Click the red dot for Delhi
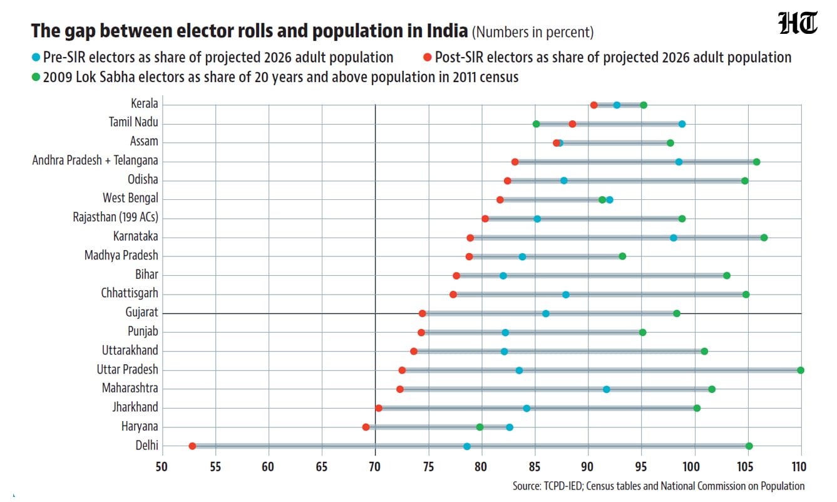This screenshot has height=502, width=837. [x=192, y=446]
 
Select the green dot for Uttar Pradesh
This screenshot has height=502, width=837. [x=801, y=370]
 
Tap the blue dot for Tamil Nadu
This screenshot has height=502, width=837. [x=682, y=124]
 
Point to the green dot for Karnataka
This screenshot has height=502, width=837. [x=764, y=238]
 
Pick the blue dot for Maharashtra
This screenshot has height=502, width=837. [x=607, y=389]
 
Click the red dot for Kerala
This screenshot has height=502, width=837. [x=593, y=105]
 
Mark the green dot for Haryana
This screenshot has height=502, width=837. [x=480, y=427]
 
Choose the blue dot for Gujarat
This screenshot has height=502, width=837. [x=546, y=313]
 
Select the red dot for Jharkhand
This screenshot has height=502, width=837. [x=379, y=408]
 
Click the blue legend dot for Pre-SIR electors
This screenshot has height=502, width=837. [x=36, y=58]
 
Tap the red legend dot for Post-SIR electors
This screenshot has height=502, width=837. [x=428, y=58]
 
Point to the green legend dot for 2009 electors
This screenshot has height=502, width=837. [x=36, y=78]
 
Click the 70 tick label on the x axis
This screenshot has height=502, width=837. [x=374, y=467]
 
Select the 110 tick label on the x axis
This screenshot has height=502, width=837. [x=799, y=467]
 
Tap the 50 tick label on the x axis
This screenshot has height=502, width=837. [x=162, y=467]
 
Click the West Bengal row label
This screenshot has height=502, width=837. [x=130, y=198]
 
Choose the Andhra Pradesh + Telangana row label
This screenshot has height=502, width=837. [x=95, y=160]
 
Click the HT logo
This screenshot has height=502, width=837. [x=798, y=23]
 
